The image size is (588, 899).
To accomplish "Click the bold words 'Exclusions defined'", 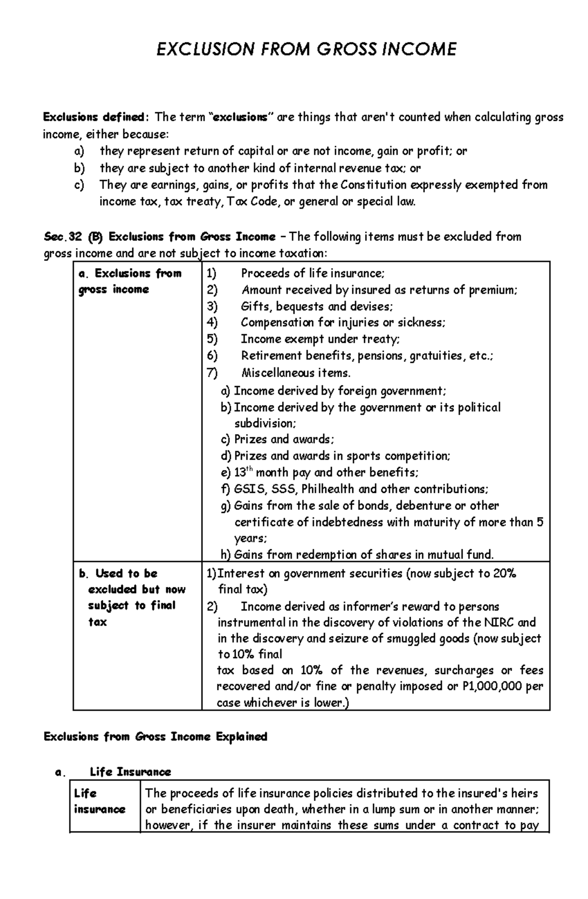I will click(93, 117).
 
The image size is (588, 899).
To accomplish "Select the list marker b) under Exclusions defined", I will click(79, 168).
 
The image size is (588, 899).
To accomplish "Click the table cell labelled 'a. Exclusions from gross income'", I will click(130, 281).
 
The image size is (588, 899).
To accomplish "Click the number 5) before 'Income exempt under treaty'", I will click(212, 339).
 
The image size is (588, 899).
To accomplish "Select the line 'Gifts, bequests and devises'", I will click(317, 306).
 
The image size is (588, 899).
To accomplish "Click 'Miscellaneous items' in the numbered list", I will click(296, 373).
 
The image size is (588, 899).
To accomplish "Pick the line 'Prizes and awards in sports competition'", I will click(342, 456).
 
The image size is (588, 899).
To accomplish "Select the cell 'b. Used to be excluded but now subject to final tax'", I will click(132, 597).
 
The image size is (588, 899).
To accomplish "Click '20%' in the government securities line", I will click(505, 573).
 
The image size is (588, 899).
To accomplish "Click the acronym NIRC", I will click(499, 622).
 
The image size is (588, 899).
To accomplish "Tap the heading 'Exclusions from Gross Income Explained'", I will click(155, 737).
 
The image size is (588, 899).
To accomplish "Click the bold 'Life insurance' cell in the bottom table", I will click(99, 801).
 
